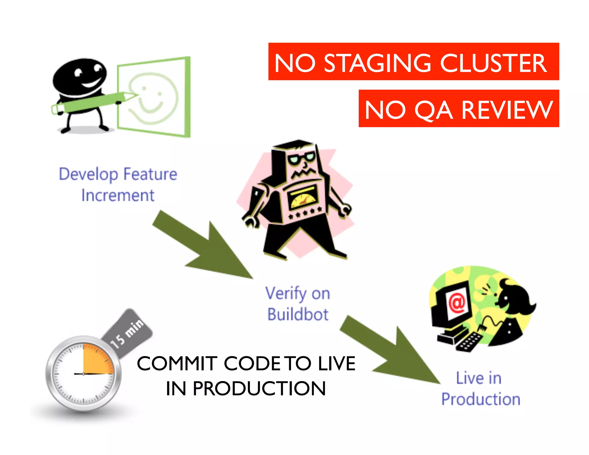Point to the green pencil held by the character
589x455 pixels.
pyautogui.click(x=92, y=102)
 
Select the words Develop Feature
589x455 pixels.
pyautogui.click(x=118, y=174)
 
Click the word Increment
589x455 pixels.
pyautogui.click(x=118, y=196)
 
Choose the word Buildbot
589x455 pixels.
pyautogui.click(x=298, y=314)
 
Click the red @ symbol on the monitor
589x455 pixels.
pyautogui.click(x=457, y=302)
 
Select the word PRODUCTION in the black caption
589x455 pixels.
pyautogui.click(x=259, y=389)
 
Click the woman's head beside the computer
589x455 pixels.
pyautogui.click(x=515, y=299)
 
